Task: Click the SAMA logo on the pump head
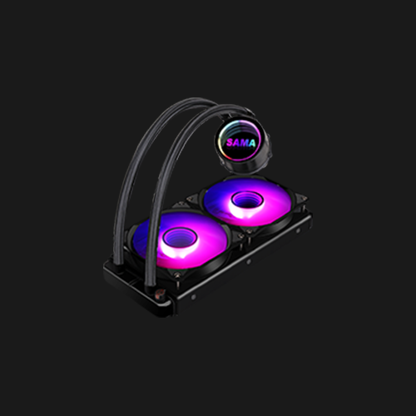[240, 142]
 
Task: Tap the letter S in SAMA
[230, 142]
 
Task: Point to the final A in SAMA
[251, 143]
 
